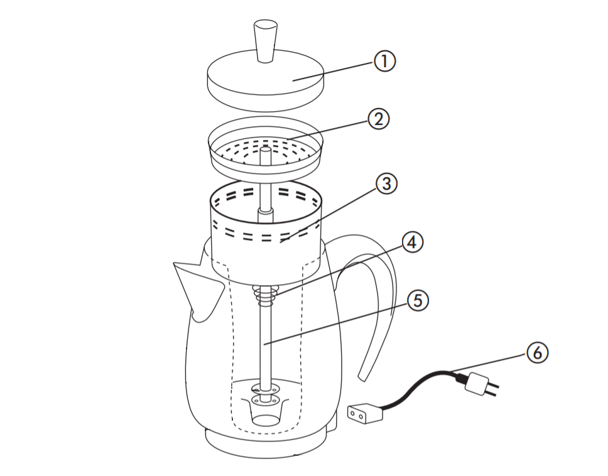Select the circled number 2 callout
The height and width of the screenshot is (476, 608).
[x=378, y=119]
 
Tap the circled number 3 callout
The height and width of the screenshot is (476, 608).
[x=386, y=183]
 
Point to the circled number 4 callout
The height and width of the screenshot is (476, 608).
[x=412, y=242]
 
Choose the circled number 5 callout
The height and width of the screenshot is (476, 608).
[x=418, y=301]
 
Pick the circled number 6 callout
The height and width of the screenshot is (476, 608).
[x=536, y=353]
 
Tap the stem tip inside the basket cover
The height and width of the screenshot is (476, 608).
[x=265, y=154]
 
